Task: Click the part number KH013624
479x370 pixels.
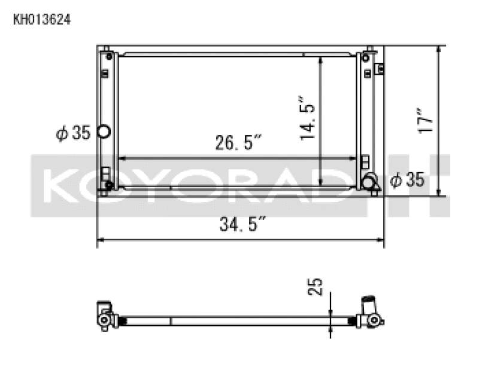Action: [x=42, y=20]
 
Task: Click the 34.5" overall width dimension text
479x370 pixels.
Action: [x=242, y=225]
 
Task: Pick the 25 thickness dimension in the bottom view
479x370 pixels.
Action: [x=318, y=286]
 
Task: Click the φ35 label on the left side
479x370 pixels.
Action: [x=73, y=133]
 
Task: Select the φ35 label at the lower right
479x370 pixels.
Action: [x=407, y=179]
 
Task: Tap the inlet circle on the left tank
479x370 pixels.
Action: [x=103, y=132]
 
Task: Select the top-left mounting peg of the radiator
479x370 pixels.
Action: [x=106, y=48]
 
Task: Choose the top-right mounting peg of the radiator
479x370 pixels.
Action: [x=370, y=48]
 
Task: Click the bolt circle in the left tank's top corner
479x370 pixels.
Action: [x=109, y=57]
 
